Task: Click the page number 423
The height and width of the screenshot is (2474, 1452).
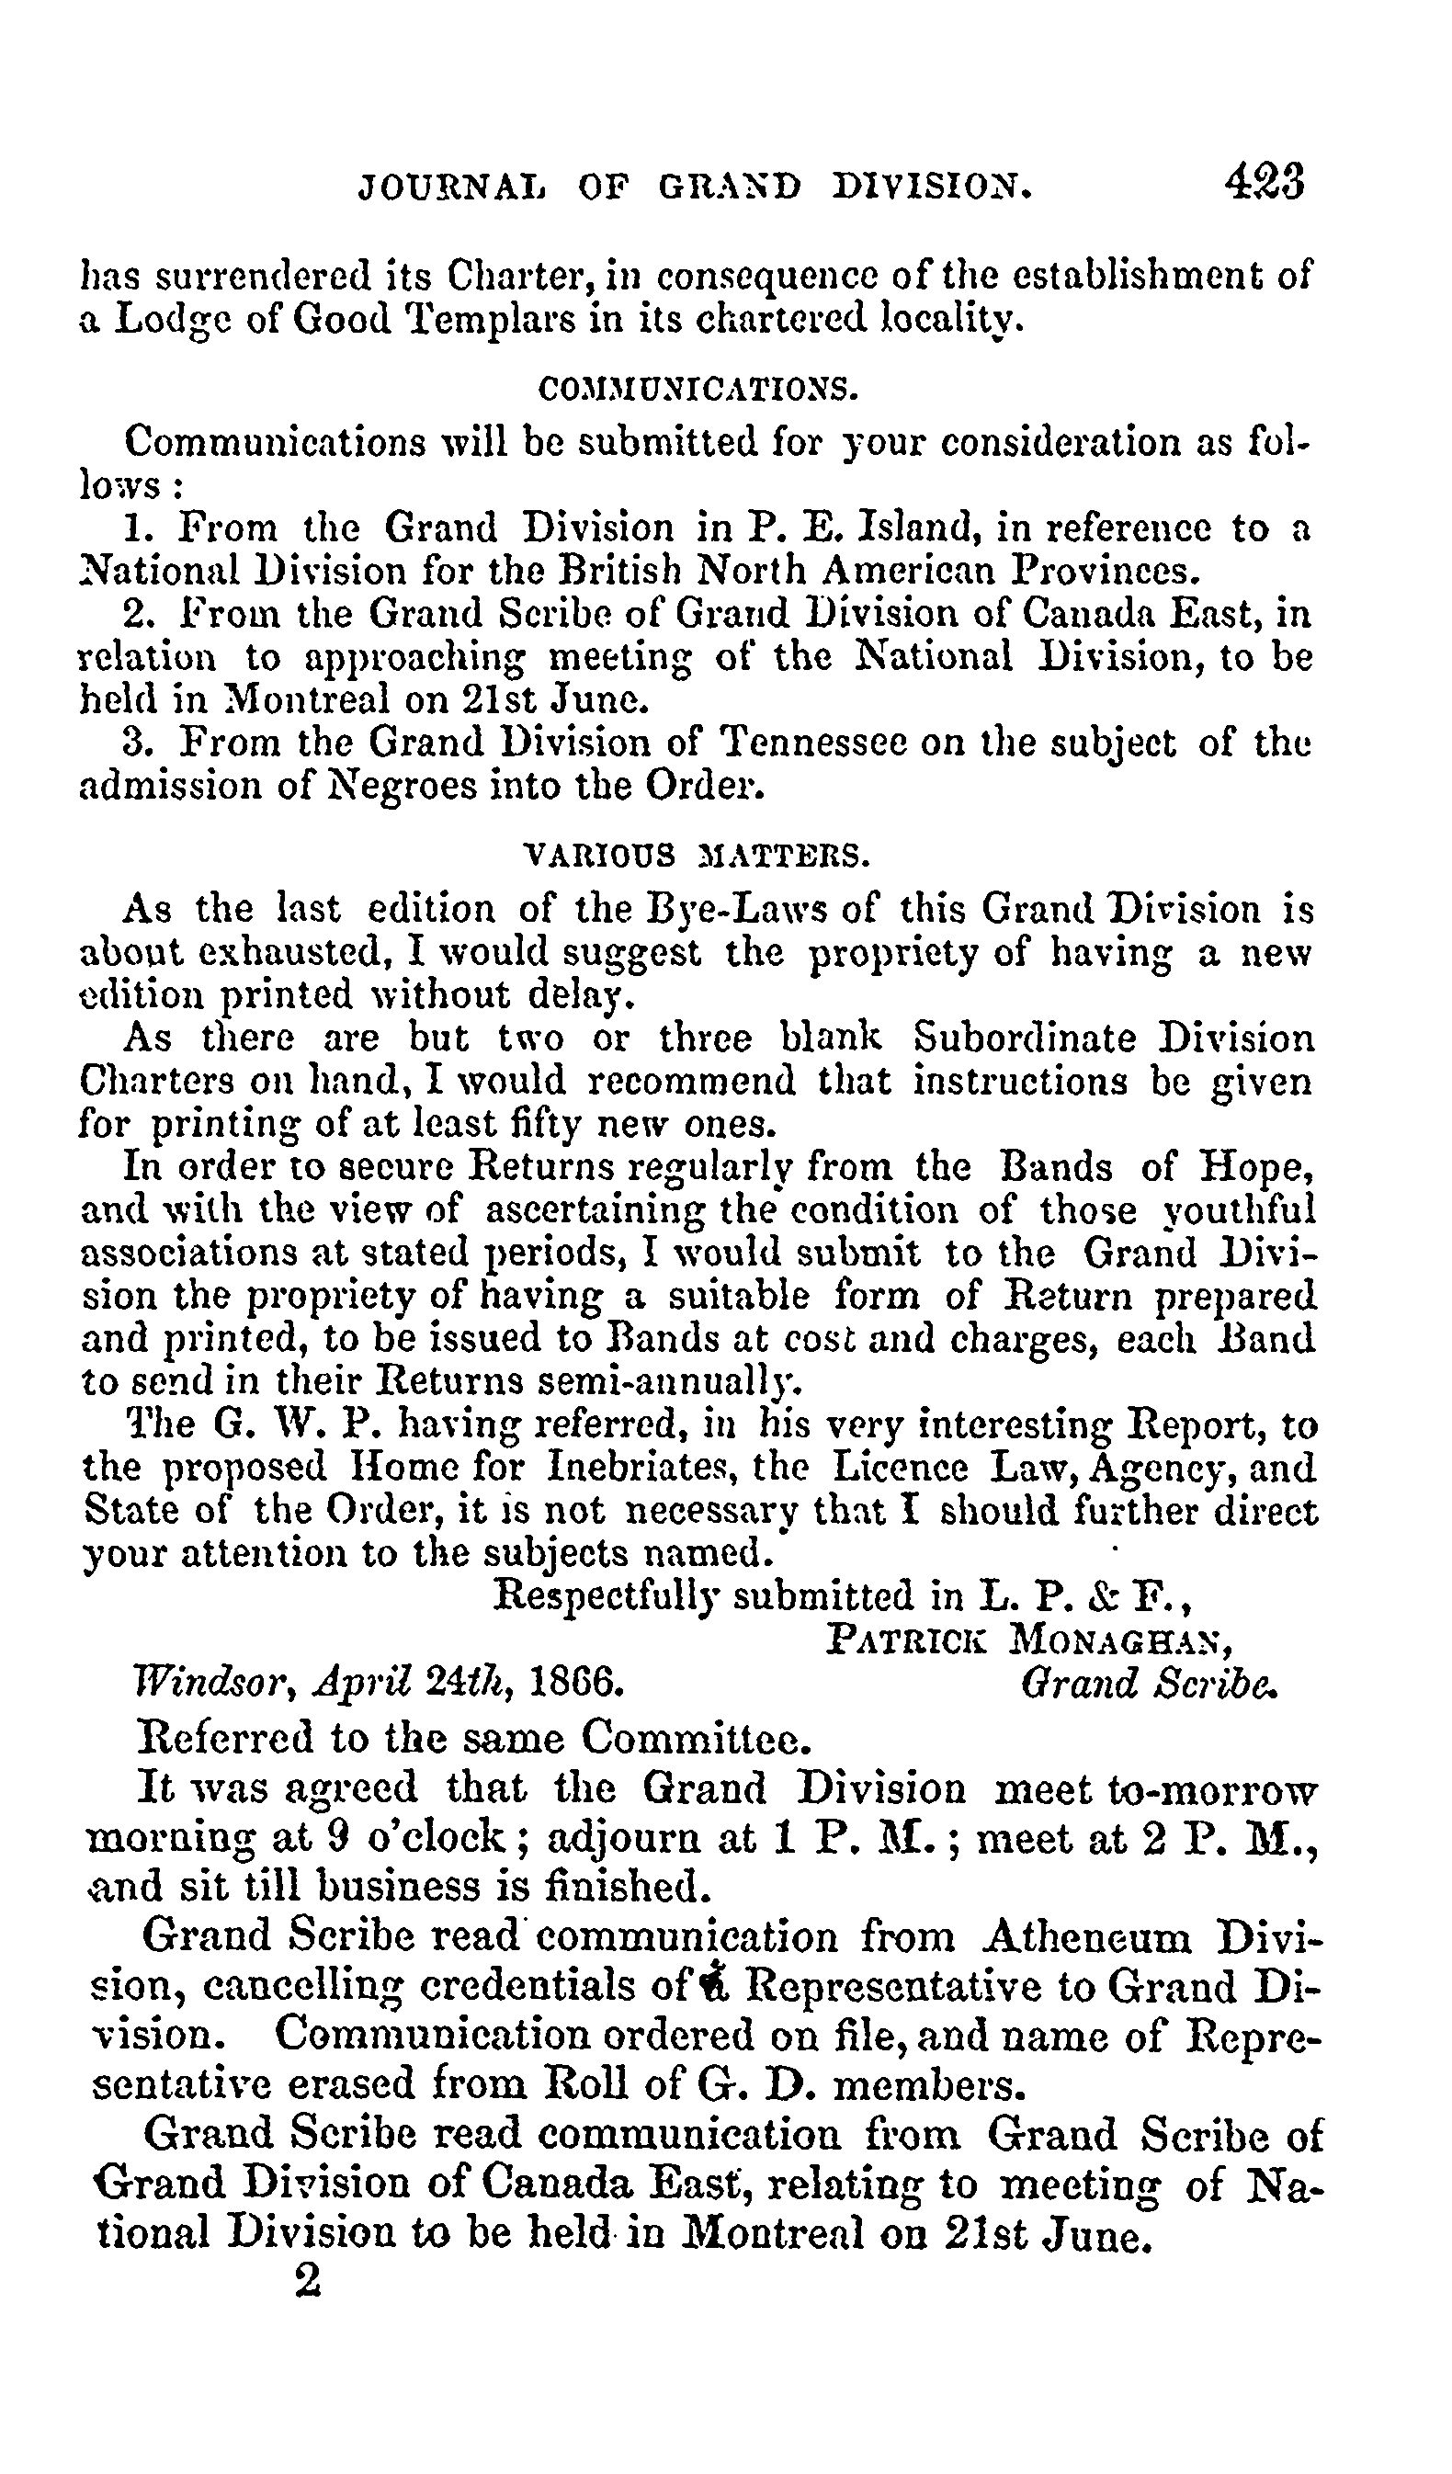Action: tap(1264, 182)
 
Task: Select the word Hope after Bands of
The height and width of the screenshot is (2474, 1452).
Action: tap(1256, 1166)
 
